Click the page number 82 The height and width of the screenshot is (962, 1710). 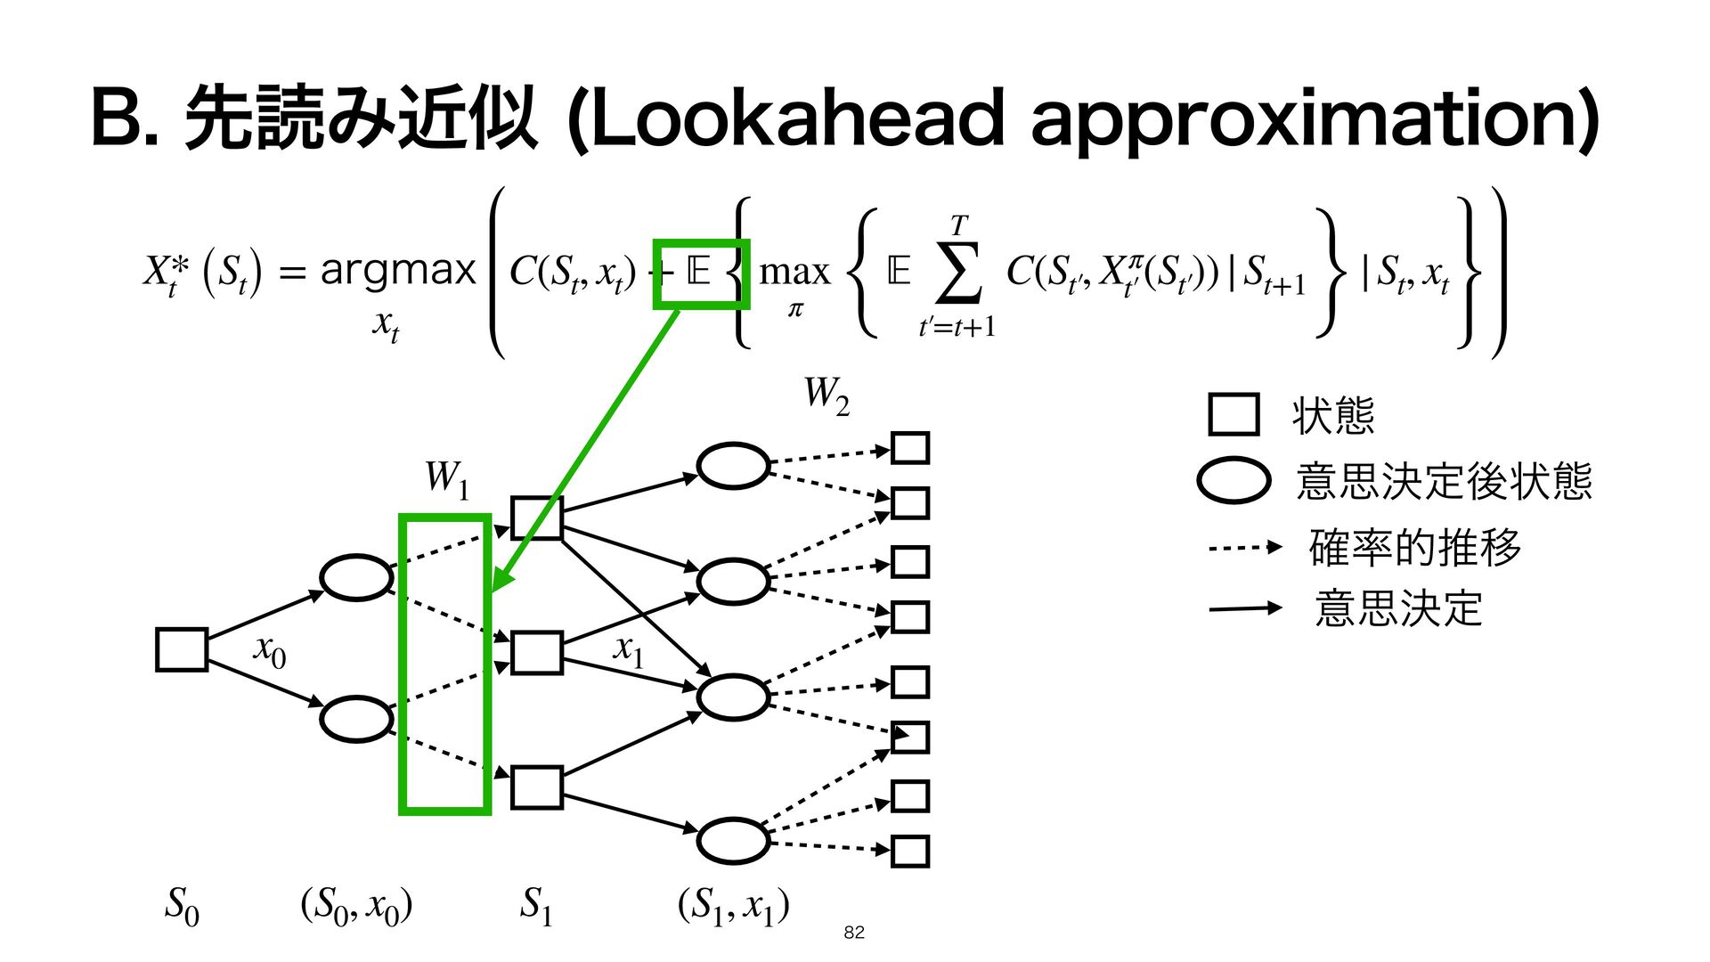(x=853, y=932)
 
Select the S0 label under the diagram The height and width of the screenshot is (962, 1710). (x=182, y=905)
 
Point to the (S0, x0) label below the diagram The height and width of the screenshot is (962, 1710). (x=356, y=905)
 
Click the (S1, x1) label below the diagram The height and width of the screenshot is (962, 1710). (x=733, y=905)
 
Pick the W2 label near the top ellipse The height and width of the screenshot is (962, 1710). (x=826, y=395)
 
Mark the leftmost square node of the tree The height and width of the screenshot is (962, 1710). (x=182, y=648)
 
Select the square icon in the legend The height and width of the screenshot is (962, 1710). (x=1234, y=414)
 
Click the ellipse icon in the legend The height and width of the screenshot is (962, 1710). (x=1234, y=481)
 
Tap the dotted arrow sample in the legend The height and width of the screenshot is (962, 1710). (x=1244, y=547)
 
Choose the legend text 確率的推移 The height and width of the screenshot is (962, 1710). (x=1414, y=547)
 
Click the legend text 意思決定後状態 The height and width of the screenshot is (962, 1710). (x=1443, y=481)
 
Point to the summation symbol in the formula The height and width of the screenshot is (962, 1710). (x=958, y=272)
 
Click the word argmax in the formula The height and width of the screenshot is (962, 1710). (x=398, y=270)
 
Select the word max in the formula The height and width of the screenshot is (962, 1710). (x=794, y=271)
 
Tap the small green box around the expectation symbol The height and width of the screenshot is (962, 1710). (x=701, y=273)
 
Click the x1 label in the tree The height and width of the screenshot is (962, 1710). (x=628, y=649)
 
